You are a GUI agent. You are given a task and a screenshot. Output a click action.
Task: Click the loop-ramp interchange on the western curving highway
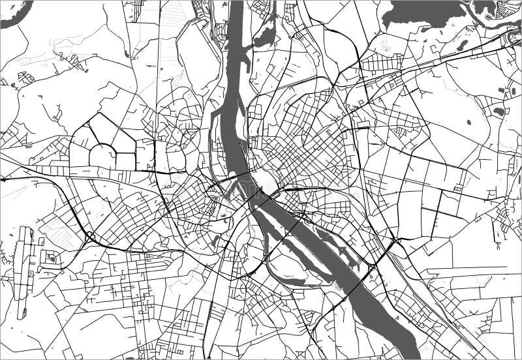click(x=89, y=236)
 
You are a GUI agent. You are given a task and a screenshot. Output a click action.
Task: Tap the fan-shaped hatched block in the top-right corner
click(x=509, y=8)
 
